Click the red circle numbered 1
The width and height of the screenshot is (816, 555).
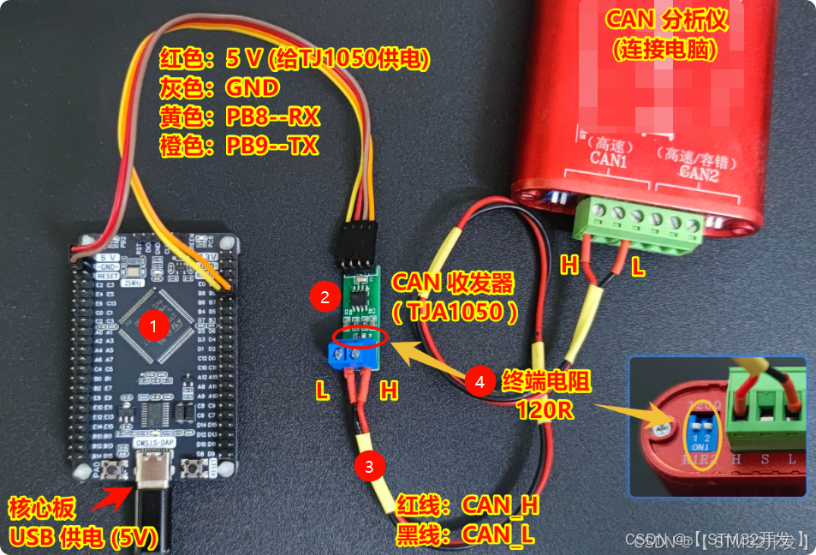(x=153, y=325)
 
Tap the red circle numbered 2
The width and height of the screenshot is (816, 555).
(x=325, y=297)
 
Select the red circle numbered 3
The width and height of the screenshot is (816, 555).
(x=369, y=467)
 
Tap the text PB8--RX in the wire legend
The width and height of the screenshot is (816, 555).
(x=272, y=116)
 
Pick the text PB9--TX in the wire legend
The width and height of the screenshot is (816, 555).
(x=272, y=146)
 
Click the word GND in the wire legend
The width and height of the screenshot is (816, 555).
(x=253, y=88)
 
